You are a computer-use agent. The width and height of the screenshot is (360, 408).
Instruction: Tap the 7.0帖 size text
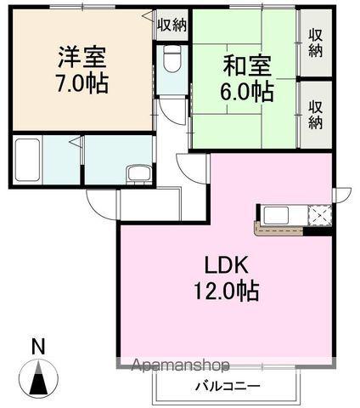tap(83, 85)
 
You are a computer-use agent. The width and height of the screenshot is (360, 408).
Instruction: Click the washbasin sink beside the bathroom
tap(137, 174)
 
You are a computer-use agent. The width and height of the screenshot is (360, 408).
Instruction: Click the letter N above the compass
tap(37, 347)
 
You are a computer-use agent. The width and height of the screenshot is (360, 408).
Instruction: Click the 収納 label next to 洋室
tap(172, 25)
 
